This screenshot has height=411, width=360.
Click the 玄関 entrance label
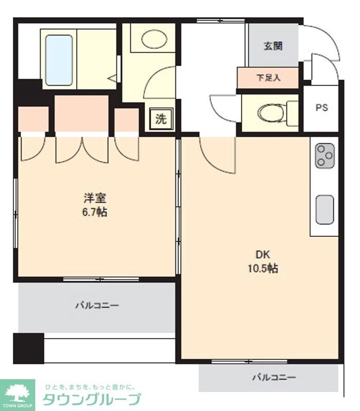(x=273, y=46)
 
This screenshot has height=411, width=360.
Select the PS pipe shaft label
(x=321, y=108)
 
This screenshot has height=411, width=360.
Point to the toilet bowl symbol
(x=270, y=111)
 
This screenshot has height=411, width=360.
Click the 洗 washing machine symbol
(x=161, y=119)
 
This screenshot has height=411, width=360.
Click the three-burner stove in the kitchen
(x=325, y=156)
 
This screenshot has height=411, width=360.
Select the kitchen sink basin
(x=325, y=210)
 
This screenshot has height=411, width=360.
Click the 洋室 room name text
(x=96, y=198)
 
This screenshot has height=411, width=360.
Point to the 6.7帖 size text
(x=96, y=212)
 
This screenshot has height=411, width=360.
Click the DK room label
(x=263, y=254)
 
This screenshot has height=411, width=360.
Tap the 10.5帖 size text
(x=263, y=268)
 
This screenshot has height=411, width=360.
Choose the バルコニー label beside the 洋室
(x=97, y=306)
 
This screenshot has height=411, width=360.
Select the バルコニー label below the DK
(x=274, y=378)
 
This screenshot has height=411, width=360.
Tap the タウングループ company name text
(x=92, y=400)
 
